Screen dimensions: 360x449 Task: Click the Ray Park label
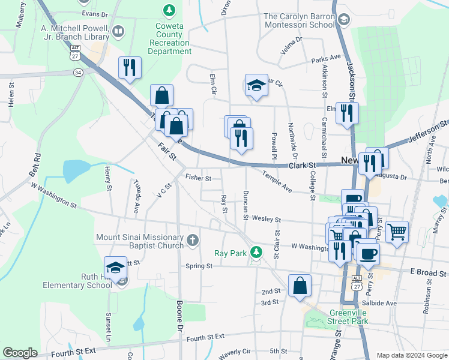click(231, 253)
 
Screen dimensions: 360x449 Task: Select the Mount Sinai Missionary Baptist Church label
click(140, 241)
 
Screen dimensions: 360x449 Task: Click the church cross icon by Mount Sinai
click(193, 241)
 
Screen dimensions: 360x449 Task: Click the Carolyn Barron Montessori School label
click(298, 21)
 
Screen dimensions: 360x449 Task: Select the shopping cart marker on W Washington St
click(397, 231)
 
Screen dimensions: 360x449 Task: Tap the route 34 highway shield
click(78, 72)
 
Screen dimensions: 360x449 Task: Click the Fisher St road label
click(198, 178)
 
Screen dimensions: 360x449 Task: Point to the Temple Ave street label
click(277, 181)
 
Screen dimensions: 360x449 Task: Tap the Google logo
click(20, 353)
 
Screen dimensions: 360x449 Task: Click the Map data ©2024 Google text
click(411, 355)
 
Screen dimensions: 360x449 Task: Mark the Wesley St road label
click(267, 220)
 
